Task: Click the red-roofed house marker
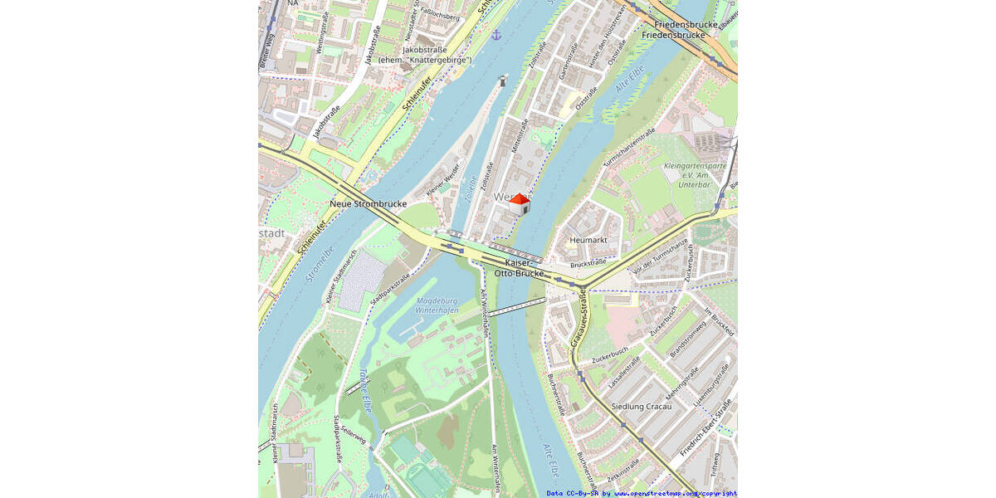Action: pos(519,204)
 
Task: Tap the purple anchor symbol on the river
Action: pos(496,35)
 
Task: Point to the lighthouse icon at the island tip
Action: pos(502,81)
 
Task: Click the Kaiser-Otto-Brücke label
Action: pos(519,267)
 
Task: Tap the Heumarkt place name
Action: pos(588,240)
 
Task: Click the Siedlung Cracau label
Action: pos(641,406)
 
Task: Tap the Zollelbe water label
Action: pos(471,189)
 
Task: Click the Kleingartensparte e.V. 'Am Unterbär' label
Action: pos(695,176)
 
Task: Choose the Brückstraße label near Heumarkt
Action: pos(588,263)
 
